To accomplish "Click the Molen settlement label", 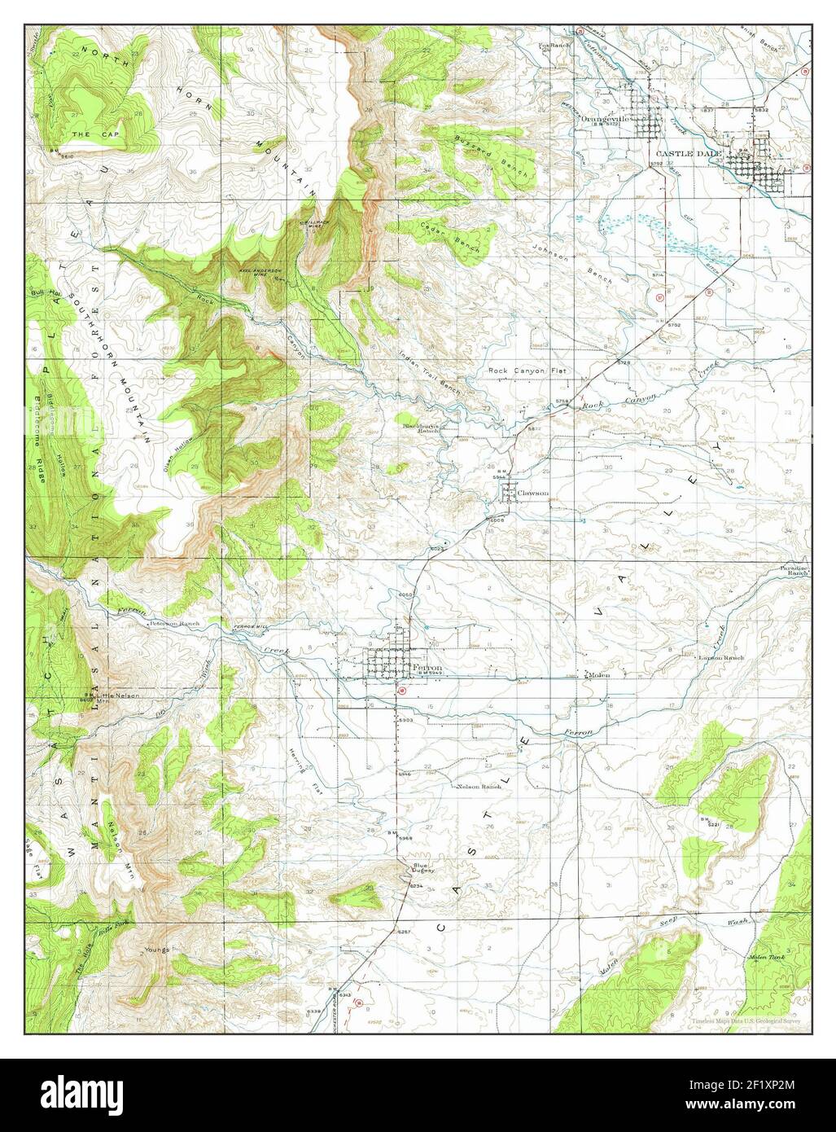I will [599, 674].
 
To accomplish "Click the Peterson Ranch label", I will [173, 624].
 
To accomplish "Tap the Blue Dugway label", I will [421, 868].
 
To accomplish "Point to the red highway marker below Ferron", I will [400, 690].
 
